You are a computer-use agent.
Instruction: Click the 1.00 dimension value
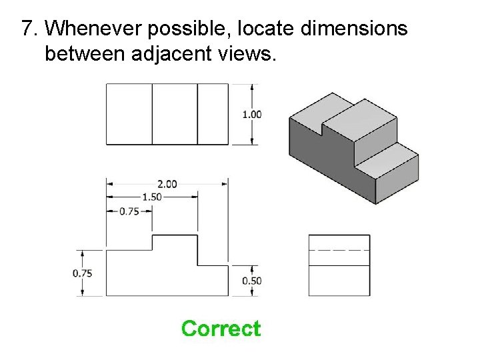coord(251,114)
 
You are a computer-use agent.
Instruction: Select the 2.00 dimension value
coord(167,183)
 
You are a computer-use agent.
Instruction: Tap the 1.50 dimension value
coord(152,197)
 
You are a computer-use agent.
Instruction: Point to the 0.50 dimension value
coord(251,281)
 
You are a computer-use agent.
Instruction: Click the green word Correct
coord(221,329)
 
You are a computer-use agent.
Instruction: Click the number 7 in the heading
coord(27,28)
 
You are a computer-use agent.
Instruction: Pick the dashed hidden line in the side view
coord(339,249)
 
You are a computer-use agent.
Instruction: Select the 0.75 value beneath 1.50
coord(129,211)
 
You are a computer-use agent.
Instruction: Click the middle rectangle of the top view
coord(175,114)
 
